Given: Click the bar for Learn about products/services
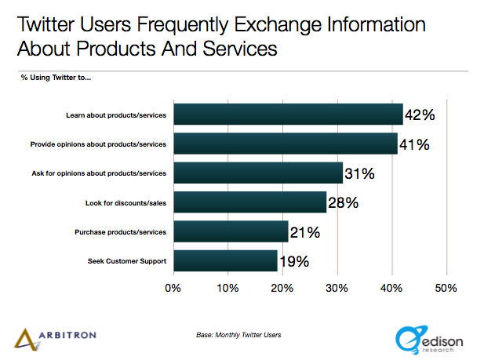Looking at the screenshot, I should click(x=287, y=115).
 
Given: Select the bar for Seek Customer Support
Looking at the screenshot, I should click(x=225, y=261).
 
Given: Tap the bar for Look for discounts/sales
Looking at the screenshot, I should click(x=249, y=202).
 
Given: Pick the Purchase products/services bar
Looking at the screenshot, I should click(x=231, y=232).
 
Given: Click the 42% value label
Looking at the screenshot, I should click(x=419, y=115).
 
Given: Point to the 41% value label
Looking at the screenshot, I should click(x=413, y=144).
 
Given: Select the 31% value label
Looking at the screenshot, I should click(x=359, y=173).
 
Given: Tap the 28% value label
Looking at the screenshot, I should click(x=343, y=203).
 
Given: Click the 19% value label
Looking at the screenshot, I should click(x=293, y=261).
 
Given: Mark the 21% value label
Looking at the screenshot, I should click(x=304, y=232).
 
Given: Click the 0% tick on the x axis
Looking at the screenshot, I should click(x=173, y=287).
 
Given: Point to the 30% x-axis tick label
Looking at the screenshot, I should click(x=337, y=287).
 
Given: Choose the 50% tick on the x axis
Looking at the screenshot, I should click(x=446, y=287).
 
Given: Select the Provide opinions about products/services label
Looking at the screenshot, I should click(x=98, y=144).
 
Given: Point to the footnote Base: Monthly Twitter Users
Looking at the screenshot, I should click(x=238, y=335).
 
